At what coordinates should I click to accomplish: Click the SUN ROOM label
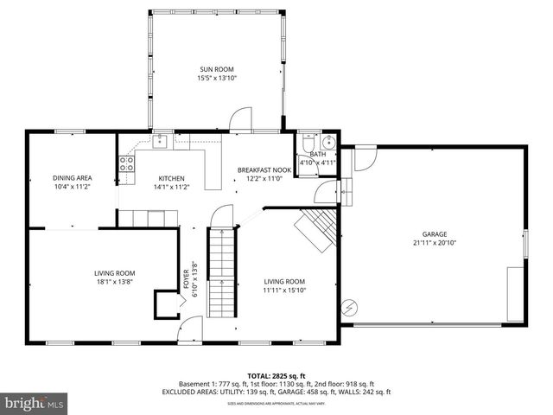[217, 69]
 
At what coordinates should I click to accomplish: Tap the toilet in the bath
[309, 143]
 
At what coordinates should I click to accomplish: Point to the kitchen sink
[160, 141]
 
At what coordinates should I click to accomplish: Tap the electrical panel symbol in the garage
[349, 306]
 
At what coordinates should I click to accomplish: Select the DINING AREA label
[73, 178]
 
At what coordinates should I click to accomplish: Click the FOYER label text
[187, 278]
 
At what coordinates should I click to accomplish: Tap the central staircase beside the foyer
[222, 268]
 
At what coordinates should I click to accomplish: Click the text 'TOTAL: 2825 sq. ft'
[276, 375]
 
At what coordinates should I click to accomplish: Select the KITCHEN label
[171, 178]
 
